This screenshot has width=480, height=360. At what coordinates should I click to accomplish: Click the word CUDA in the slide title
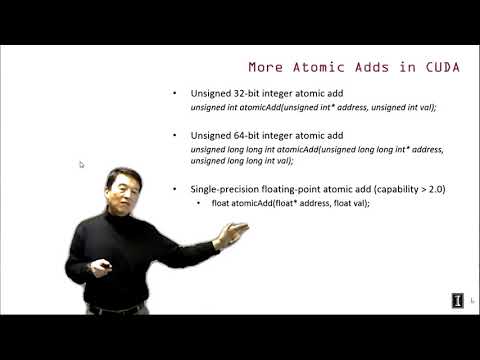point(441,68)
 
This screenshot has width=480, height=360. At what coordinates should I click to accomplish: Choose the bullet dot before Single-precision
point(176,189)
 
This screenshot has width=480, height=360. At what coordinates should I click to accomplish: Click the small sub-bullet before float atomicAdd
point(200,203)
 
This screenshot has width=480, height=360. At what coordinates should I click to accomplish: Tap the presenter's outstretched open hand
point(231,235)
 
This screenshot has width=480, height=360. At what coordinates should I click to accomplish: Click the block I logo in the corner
point(457,300)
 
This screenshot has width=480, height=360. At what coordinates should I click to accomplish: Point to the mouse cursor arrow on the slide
point(81,164)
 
